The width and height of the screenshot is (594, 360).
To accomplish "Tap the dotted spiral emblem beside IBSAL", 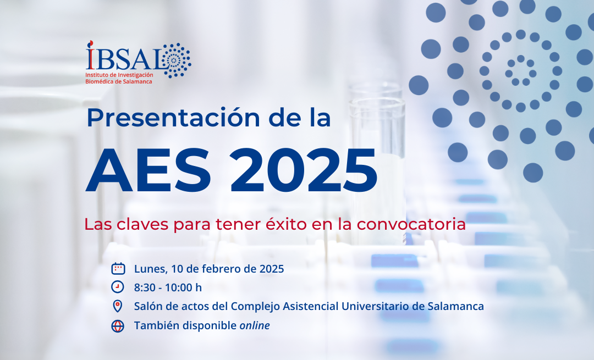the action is pos(175,60).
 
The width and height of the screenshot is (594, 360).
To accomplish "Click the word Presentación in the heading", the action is pos(173,118).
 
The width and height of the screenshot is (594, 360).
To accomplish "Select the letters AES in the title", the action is pos(148,170).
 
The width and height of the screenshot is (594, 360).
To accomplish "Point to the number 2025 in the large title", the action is pos(304,170).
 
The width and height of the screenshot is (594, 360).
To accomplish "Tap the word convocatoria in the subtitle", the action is pos(411,224).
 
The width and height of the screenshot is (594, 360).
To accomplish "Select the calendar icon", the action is pos(118,268).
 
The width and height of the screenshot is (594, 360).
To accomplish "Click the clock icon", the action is pos(118,287).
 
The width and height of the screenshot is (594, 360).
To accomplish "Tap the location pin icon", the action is pos(118,306).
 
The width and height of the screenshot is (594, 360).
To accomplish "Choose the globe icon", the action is pos(118,325).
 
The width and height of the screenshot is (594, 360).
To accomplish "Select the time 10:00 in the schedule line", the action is pos(179,287).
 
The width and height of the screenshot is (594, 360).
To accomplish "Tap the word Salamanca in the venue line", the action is pos(456,306).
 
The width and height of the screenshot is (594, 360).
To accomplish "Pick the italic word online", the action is pos(255,325).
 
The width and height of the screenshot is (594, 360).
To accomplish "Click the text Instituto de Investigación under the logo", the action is pos(119,75).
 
